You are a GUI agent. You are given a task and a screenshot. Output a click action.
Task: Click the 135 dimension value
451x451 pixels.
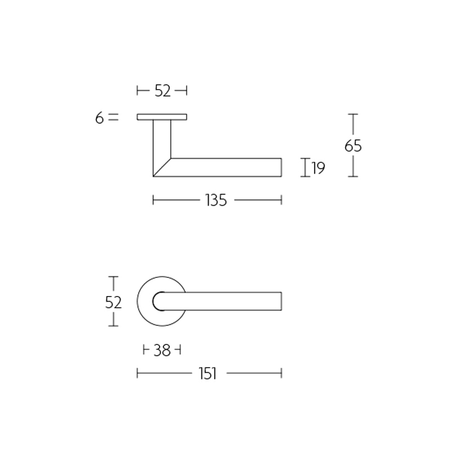(216, 200)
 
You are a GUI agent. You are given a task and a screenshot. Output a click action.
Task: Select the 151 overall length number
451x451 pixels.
(207, 374)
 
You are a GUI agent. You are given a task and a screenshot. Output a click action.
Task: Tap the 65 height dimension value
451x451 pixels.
(353, 145)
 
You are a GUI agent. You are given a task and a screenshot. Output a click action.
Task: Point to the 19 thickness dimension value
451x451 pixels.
(319, 168)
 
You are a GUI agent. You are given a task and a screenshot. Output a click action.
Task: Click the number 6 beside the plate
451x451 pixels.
(99, 118)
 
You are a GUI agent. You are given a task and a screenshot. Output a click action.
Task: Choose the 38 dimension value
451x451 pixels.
(162, 350)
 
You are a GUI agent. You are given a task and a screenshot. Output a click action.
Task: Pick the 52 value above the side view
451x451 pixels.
(162, 91)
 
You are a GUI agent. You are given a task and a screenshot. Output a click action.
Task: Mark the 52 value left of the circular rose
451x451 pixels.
(113, 302)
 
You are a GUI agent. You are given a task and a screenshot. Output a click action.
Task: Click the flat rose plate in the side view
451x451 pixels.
(162, 117)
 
